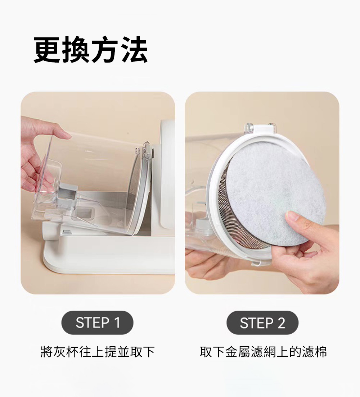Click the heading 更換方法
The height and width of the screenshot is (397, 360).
tap(90, 49)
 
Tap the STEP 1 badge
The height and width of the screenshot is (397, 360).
tap(97, 323)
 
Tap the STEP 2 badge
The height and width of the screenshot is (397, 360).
tap(262, 323)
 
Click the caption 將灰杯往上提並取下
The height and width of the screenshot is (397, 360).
tap(98, 352)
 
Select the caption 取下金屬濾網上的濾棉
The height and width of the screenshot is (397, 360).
tap(263, 352)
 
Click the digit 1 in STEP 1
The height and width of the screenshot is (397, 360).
tap(117, 323)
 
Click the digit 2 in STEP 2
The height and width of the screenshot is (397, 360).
tap(281, 323)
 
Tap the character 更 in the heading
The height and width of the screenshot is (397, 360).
tap(47, 49)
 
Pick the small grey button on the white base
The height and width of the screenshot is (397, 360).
tap(67, 231)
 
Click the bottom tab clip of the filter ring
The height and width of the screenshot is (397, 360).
tap(260, 264)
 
